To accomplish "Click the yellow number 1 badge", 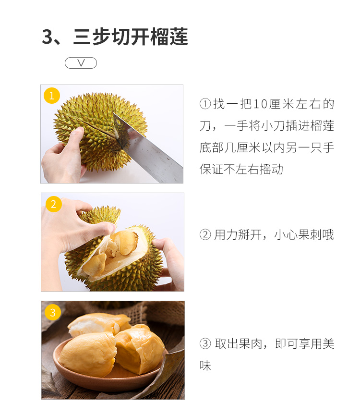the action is point(52,96).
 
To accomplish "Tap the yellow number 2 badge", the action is point(54,204).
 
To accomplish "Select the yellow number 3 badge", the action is point(53,312).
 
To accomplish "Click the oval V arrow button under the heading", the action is point(81,63).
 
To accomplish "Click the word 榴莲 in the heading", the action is point(169,37).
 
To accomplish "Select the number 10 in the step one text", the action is point(260,104).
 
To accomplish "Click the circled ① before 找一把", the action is point(205,104).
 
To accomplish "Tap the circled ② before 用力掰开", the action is point(205,234).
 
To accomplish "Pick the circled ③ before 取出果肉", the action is point(205,343).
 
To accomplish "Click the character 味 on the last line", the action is point(205,366).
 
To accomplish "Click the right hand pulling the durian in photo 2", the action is point(169,263).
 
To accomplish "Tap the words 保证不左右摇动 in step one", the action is point(241,169).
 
